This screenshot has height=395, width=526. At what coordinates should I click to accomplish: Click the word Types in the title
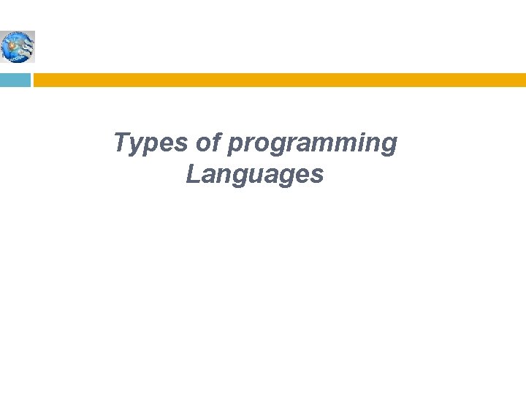pos(150,143)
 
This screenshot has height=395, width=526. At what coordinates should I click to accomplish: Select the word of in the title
pos(207,143)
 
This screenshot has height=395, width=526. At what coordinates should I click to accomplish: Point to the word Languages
pos(254,176)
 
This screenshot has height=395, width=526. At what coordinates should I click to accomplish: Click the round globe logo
pos(18,47)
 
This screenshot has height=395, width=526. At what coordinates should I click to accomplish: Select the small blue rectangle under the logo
pos(15,80)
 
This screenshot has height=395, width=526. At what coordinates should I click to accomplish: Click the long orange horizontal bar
pos(279,80)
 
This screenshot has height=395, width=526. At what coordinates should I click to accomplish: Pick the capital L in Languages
pos(192,174)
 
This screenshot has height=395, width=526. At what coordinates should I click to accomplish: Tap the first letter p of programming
pos(234,146)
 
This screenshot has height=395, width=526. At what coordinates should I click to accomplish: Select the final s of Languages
pos(317,176)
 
